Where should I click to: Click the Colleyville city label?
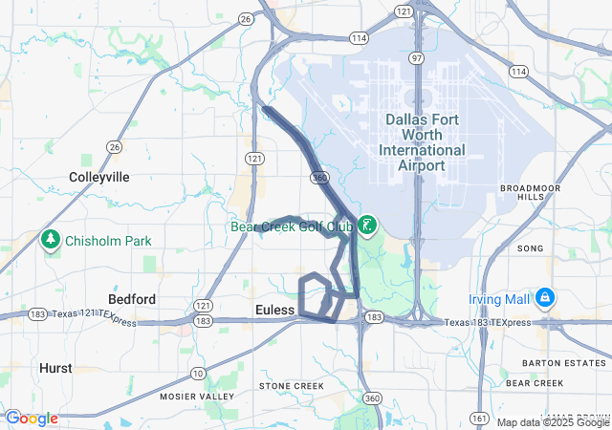tap(98, 177)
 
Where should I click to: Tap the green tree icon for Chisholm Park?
tap(51, 240)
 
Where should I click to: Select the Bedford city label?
tap(132, 299)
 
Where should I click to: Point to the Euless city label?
tap(274, 310)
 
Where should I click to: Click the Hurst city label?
tap(55, 367)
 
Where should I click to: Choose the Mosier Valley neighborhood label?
tap(196, 396)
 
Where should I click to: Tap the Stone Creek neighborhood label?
tap(292, 386)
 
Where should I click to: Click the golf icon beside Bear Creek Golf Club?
tap(366, 226)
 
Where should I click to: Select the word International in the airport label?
tap(422, 150)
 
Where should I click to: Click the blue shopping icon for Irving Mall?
tap(544, 297)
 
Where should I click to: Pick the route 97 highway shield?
tap(416, 58)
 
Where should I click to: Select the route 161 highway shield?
tap(479, 418)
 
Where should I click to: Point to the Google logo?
tap(31, 419)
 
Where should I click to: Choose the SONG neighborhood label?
tap(529, 248)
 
